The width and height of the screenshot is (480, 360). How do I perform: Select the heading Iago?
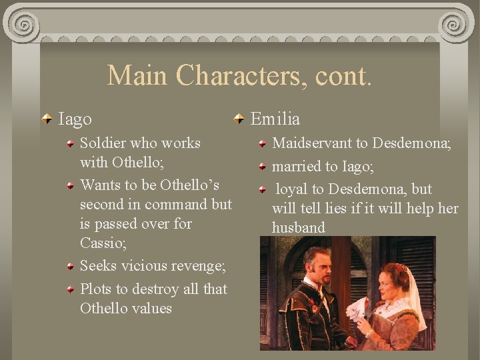[x=75, y=119]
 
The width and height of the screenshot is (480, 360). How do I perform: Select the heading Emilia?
[x=275, y=119]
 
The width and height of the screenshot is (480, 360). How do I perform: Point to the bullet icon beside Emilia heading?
[x=239, y=120]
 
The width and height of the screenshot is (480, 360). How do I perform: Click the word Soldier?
[x=103, y=143]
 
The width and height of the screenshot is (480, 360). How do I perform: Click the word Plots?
[x=96, y=289]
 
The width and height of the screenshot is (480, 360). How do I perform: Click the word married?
[x=298, y=166]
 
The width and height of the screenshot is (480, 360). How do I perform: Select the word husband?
[x=298, y=227]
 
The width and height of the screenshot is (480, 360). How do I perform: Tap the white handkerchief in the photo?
[x=357, y=308]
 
